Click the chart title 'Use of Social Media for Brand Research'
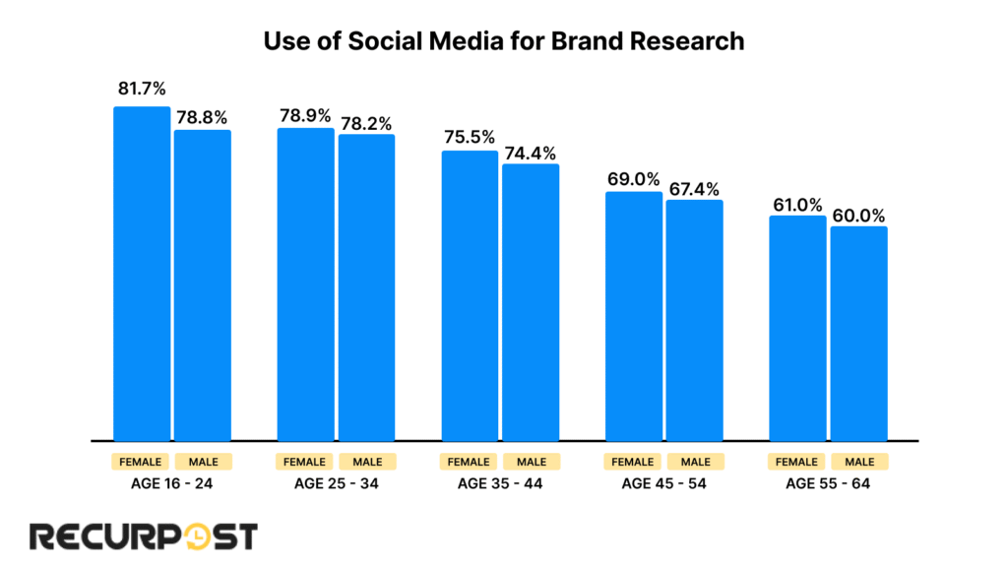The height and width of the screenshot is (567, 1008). point(504,42)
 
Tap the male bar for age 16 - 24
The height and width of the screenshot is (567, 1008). point(203,285)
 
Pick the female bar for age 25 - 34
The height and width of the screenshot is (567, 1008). point(305,284)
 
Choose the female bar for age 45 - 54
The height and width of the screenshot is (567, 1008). point(634,316)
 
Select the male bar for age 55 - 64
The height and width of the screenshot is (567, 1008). point(858,334)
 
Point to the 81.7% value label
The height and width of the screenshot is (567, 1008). point(142,90)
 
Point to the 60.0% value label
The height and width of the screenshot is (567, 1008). point(858,215)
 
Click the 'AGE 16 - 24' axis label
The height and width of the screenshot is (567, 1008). point(172,484)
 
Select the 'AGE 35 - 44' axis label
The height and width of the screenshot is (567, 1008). point(500,484)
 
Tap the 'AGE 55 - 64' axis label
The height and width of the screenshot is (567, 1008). point(828,484)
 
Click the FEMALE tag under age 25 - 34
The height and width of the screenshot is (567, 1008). point(305,462)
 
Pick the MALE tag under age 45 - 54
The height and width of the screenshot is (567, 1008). point(694,462)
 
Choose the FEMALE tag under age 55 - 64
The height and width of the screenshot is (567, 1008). point(797,462)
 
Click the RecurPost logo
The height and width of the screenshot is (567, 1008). point(144,535)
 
